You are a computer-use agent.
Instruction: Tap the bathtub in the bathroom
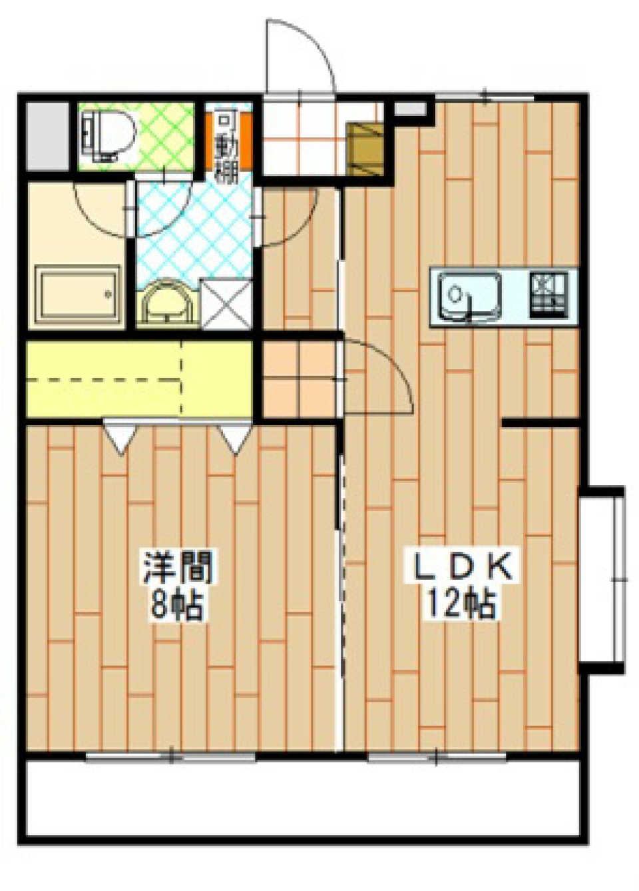coord(79,293)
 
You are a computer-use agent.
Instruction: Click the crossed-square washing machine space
coord(226,304)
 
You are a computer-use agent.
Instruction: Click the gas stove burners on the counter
coord(550,293)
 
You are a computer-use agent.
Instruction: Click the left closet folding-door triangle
coord(119,440)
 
